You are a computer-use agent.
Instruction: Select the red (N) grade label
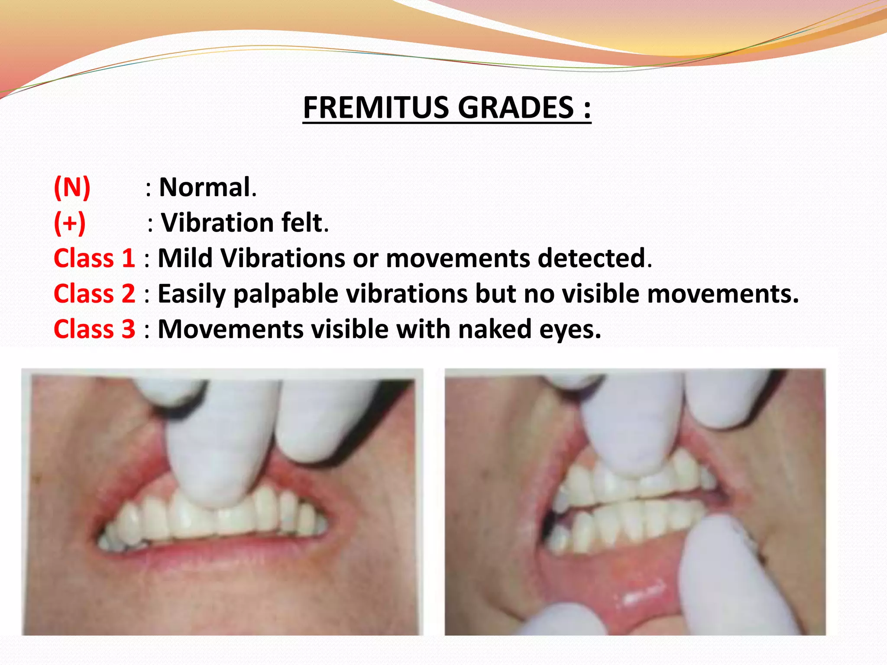point(72,187)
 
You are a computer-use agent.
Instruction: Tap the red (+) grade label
point(70,223)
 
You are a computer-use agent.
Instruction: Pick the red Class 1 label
point(94,258)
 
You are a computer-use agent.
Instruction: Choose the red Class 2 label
point(94,294)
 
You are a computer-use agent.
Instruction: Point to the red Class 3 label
point(94,329)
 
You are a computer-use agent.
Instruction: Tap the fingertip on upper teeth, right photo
point(624,459)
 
